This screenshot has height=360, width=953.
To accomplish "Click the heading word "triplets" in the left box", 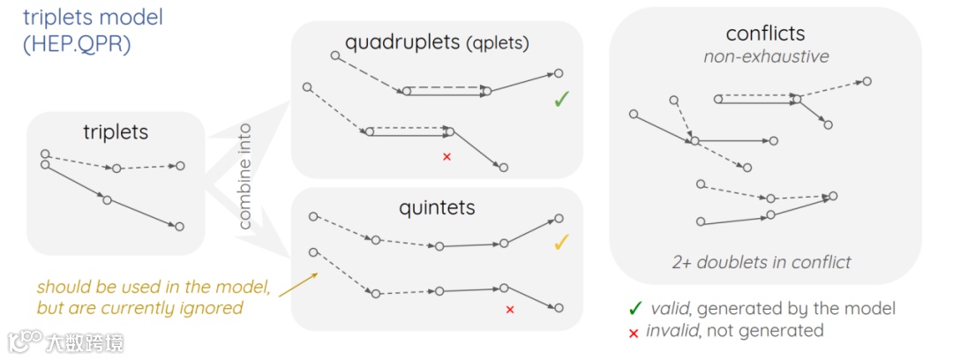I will [x=116, y=132].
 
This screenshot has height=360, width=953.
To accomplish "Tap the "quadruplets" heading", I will [x=402, y=41].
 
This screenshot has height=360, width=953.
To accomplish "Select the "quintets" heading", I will [x=437, y=207].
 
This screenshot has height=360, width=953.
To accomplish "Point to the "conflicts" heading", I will [x=765, y=34].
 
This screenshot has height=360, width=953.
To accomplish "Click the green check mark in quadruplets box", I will [x=559, y=100].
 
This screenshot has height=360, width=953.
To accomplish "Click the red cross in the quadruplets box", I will [x=446, y=157].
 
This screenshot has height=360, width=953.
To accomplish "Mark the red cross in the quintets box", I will [x=509, y=309].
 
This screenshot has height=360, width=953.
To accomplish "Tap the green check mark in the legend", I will [x=634, y=308].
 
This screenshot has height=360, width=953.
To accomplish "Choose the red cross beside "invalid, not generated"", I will [x=634, y=332].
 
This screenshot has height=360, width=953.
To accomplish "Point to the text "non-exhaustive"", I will [x=766, y=57].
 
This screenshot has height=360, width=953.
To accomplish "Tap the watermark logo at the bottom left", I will [x=27, y=341].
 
